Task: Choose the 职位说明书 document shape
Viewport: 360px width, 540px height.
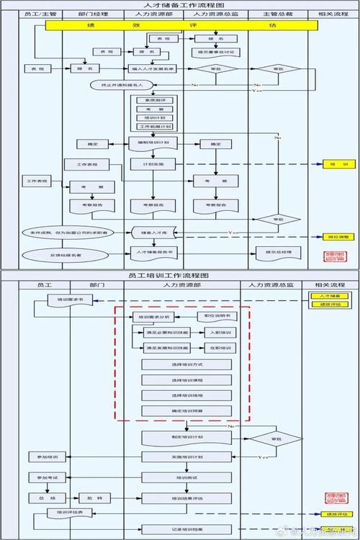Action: [216, 316]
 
